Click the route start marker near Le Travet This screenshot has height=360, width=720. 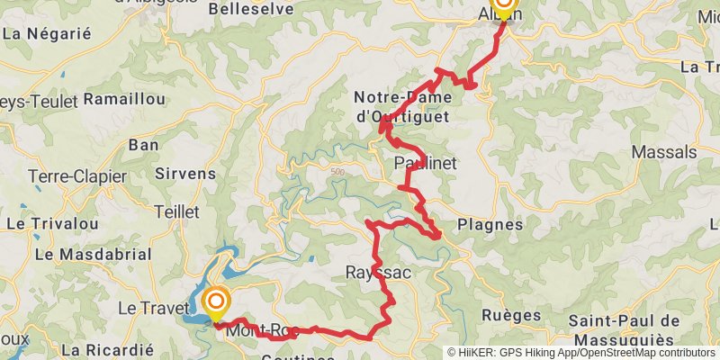[x=216, y=301]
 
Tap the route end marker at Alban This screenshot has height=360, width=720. [x=502, y=7]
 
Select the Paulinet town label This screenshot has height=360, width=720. [x=426, y=163]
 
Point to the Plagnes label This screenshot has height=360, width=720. [x=490, y=224]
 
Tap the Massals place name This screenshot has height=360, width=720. [x=664, y=152]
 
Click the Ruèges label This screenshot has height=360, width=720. [x=511, y=315]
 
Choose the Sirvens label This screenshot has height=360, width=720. [x=185, y=173]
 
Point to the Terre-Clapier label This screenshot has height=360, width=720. [x=77, y=176]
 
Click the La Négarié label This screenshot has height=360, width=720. [x=48, y=34]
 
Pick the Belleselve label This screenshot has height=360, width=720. [x=245, y=9]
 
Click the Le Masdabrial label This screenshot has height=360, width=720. [x=93, y=255]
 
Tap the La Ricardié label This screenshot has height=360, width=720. [x=108, y=349]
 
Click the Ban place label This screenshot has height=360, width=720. [x=144, y=144]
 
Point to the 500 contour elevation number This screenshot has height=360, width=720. [x=337, y=171]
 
